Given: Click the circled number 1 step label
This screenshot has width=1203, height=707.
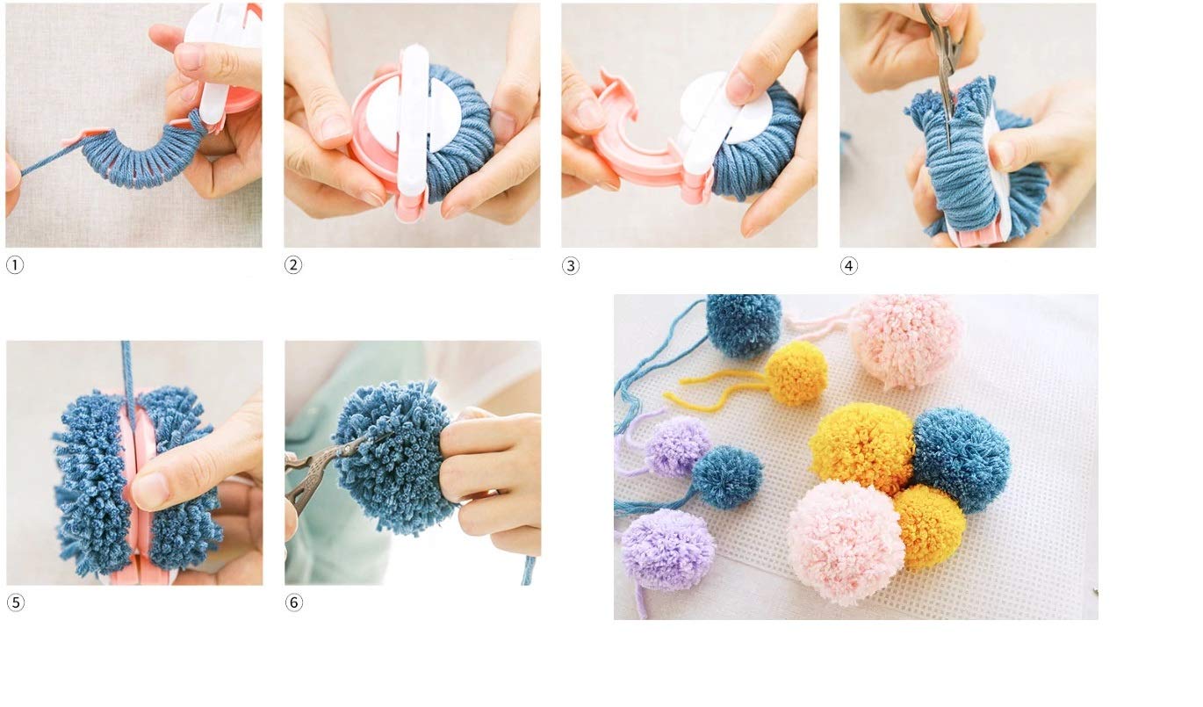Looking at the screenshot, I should (x=15, y=265).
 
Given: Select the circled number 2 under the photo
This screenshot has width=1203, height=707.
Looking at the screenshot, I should (x=293, y=265).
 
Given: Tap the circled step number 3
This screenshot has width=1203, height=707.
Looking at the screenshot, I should (x=571, y=266).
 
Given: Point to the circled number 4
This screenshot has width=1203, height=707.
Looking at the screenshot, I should (x=849, y=265).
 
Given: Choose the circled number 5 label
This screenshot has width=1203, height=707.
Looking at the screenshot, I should (x=15, y=602).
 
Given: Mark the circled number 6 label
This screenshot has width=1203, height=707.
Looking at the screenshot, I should (x=294, y=602).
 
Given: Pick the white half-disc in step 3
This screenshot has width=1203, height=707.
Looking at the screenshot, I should (x=733, y=110).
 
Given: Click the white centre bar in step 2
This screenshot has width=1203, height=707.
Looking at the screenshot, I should (x=413, y=132).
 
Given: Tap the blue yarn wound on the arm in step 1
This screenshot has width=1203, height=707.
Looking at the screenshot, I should (x=132, y=158).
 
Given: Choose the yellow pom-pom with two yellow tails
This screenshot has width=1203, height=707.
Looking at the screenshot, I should (x=796, y=373).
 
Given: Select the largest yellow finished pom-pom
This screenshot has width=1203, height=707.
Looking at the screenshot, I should (x=861, y=448).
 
